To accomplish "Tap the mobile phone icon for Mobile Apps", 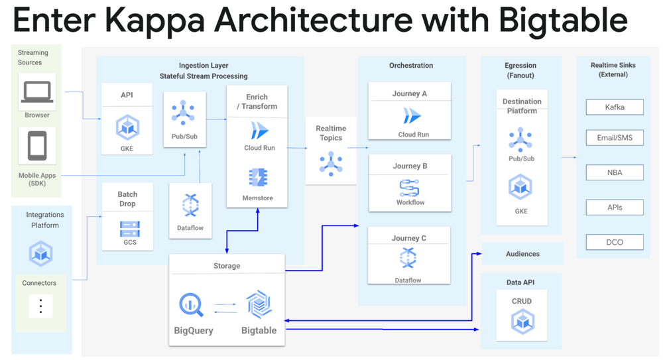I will [x=37, y=146].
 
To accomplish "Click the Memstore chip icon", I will [x=257, y=177].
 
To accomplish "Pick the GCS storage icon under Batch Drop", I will [x=129, y=229].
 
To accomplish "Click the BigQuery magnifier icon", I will [x=192, y=305].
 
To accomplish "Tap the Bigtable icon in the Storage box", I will [x=259, y=305].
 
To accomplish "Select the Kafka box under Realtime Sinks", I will [x=615, y=107].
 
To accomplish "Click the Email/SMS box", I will [x=615, y=138].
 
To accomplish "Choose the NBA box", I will [x=615, y=172].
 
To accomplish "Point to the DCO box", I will [x=615, y=242].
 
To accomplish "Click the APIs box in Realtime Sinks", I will [x=615, y=208].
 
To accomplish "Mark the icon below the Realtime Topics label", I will [x=330, y=162].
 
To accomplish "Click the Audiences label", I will [x=522, y=254].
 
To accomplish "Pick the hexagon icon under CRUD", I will [x=522, y=322].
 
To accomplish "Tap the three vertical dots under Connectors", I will [x=40, y=306].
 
